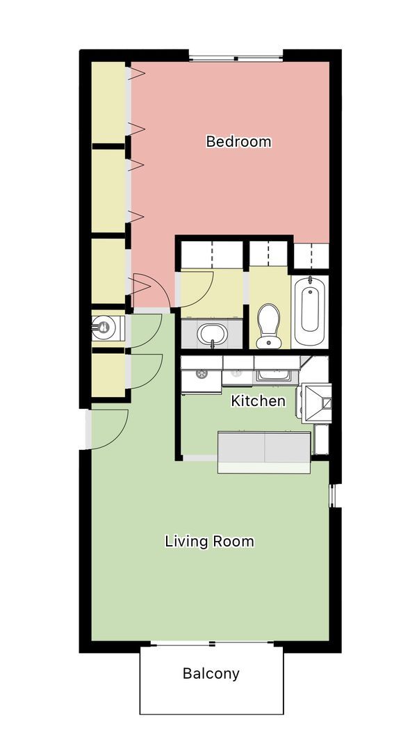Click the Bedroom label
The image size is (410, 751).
click(238, 142)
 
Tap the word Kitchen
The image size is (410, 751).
click(258, 401)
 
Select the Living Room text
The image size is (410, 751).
click(209, 541)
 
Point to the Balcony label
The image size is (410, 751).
click(211, 673)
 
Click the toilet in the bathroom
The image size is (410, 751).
click(268, 325)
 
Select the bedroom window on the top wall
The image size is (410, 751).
click(236, 57)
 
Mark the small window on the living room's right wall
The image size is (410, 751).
click(331, 495)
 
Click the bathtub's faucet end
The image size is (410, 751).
click(310, 284)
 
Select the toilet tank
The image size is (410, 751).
click(268, 343)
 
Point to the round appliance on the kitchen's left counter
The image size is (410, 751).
click(202, 373)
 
